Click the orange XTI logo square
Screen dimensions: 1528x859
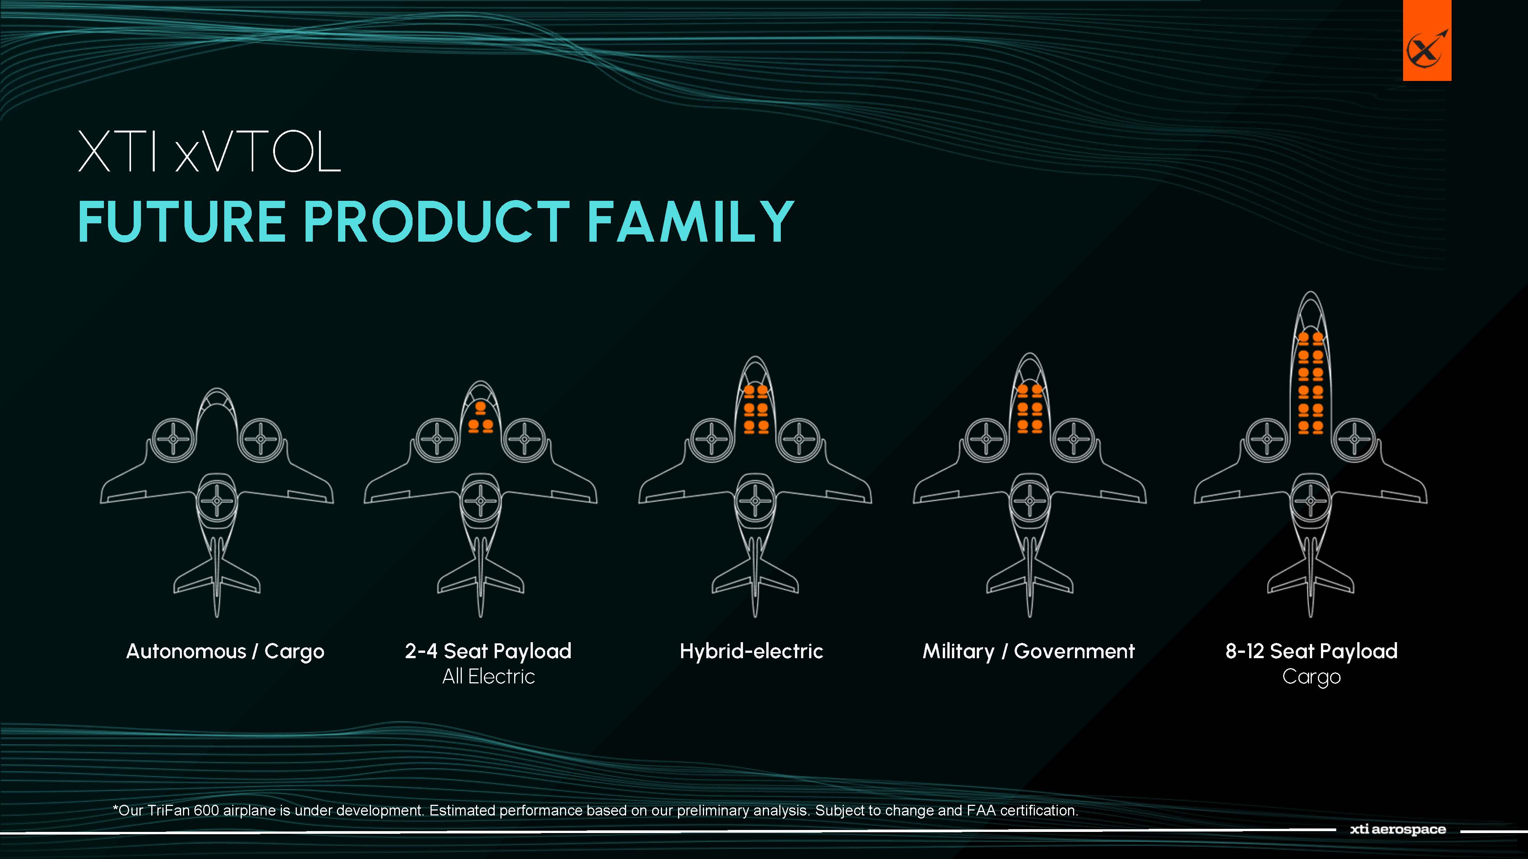pos(1426,40)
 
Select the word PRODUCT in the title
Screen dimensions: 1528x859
pos(436,222)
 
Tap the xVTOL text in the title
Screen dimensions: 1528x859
pos(258,152)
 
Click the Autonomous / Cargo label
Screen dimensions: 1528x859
pos(225,651)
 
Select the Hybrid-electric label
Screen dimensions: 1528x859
pos(751,651)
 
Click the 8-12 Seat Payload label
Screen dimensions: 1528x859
pos(1311,651)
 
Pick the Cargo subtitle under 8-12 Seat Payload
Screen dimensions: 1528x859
pos(1311,677)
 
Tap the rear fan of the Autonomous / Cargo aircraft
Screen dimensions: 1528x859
pos(217,501)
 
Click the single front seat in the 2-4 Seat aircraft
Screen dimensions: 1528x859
pos(481,409)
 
